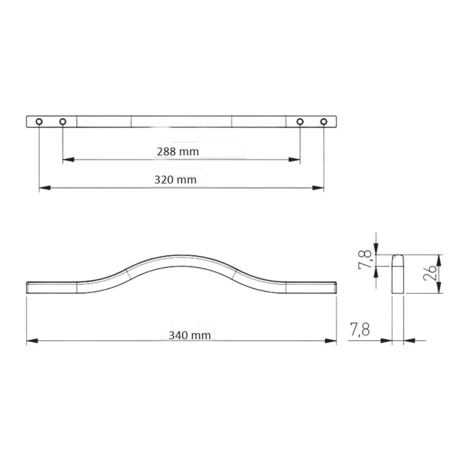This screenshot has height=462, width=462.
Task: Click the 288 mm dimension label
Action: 177,152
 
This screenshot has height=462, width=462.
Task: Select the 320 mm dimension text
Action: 175,180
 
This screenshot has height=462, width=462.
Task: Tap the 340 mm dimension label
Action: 190,335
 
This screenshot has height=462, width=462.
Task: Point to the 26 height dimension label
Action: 430,272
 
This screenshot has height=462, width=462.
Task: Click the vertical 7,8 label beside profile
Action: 365,260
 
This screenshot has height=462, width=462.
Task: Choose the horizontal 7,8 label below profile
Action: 360,329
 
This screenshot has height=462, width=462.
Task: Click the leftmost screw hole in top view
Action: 39,121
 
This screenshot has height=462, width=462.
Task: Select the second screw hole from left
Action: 63,121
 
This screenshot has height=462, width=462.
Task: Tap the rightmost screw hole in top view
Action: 324,121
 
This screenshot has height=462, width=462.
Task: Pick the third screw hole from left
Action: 300,121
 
